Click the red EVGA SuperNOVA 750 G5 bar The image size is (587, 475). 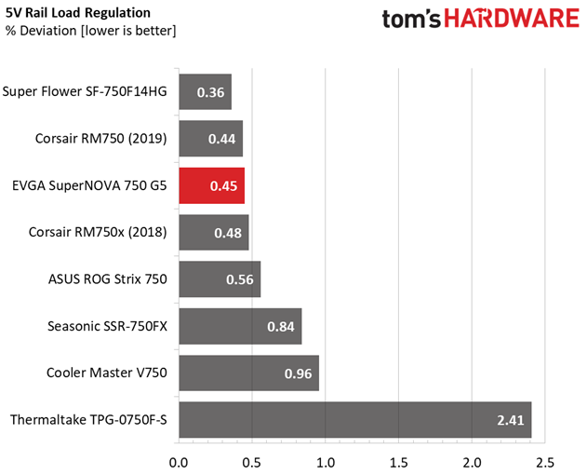(212, 185)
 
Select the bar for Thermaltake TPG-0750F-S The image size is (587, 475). (355, 419)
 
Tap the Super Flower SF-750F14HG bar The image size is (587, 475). (206, 92)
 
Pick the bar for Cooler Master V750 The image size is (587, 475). (249, 373)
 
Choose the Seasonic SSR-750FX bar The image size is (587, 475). (240, 326)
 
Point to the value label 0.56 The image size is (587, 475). (240, 279)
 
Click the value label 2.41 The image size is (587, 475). (511, 420)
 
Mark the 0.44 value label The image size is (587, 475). (222, 139)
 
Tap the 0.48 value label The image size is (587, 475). (228, 233)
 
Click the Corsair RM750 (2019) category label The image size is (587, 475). (101, 139)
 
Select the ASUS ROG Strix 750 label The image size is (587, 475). (107, 279)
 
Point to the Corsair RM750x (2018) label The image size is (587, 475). (98, 233)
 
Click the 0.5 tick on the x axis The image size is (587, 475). (251, 463)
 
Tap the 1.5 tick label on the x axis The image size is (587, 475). (398, 463)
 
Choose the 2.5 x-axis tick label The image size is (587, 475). (545, 463)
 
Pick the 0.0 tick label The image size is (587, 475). (179, 463)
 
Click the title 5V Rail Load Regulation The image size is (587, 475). (78, 13)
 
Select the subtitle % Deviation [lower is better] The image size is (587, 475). (90, 31)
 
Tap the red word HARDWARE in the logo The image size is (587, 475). (512, 19)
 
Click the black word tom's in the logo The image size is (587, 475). (411, 20)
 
